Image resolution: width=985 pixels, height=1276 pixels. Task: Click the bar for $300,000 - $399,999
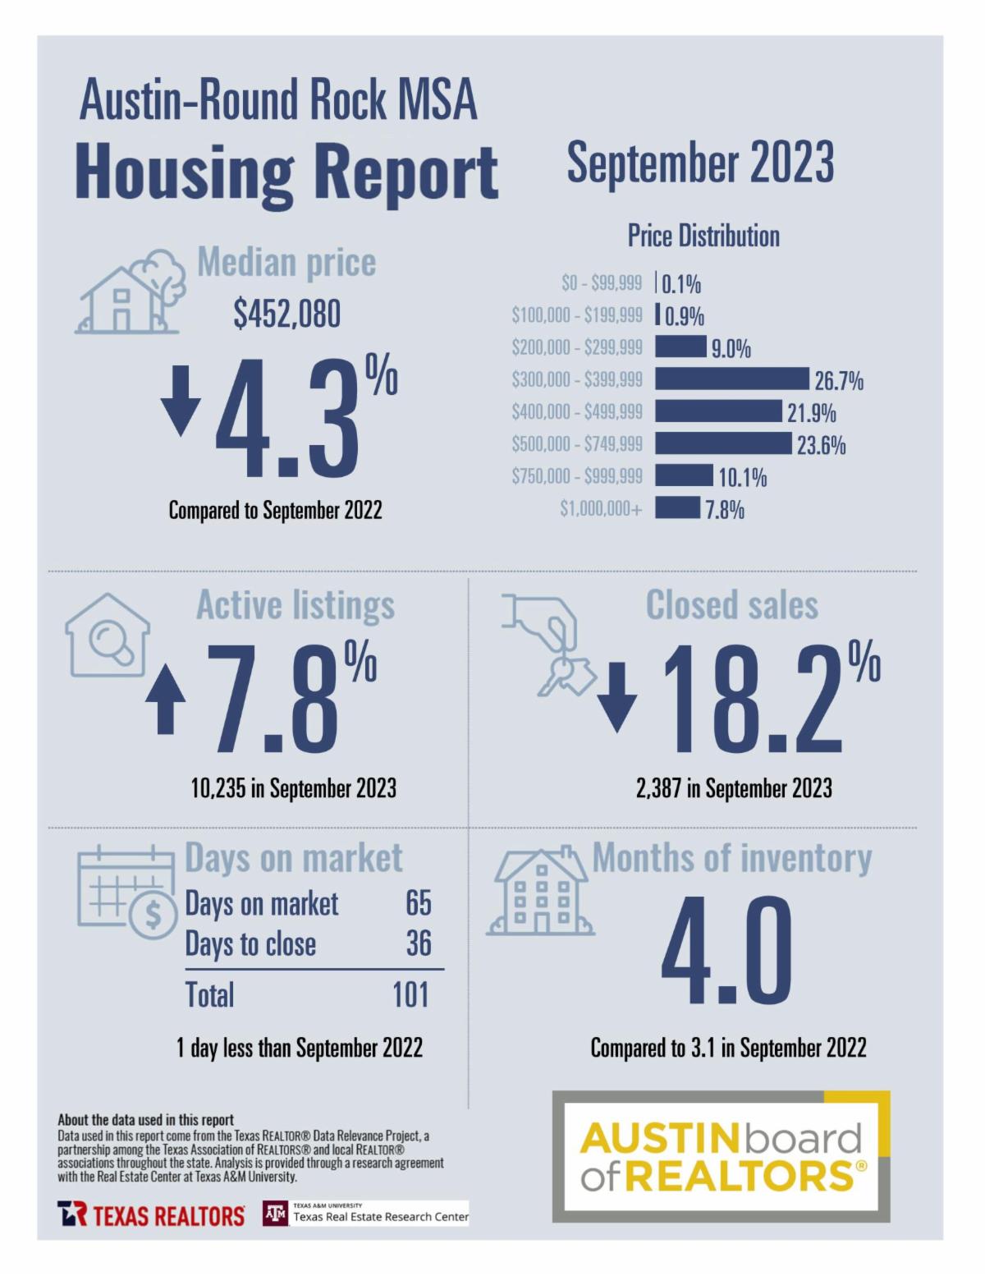click(731, 379)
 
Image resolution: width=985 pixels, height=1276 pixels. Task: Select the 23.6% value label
click(821, 445)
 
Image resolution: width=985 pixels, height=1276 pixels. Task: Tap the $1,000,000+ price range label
click(601, 509)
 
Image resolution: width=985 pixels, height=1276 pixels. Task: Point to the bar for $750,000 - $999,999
click(684, 476)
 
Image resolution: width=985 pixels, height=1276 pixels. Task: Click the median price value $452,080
click(286, 314)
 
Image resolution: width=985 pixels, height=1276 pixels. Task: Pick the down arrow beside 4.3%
click(181, 401)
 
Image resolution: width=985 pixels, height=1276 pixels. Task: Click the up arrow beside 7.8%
click(166, 699)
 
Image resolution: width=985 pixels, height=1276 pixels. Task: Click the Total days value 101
click(410, 994)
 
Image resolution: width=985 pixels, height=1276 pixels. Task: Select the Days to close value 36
click(419, 943)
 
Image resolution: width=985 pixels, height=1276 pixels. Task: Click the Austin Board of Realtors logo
click(721, 1156)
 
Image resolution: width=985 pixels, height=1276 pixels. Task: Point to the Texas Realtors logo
click(151, 1214)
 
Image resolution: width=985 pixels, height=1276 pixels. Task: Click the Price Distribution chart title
click(703, 236)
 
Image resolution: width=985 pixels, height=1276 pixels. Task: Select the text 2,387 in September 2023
click(734, 789)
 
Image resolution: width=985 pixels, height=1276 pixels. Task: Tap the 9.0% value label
click(731, 349)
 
